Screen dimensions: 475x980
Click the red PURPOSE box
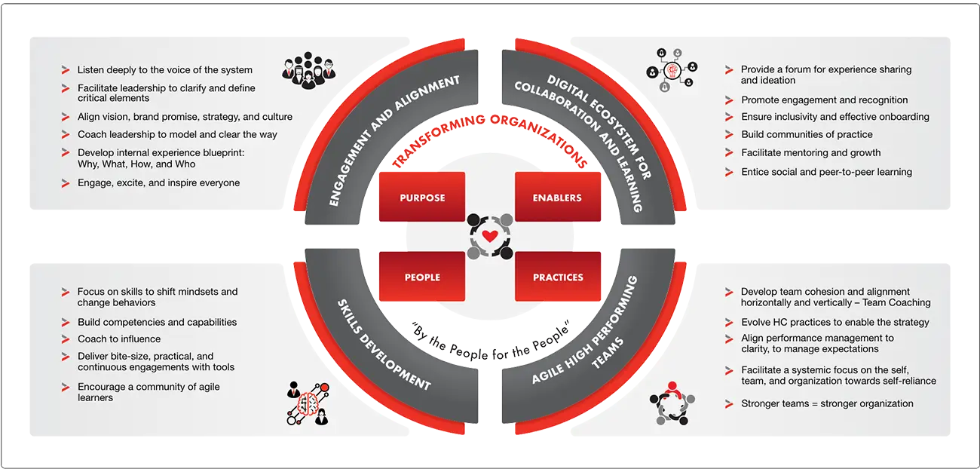422,198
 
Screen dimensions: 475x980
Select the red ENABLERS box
557,198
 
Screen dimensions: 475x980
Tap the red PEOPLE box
422,277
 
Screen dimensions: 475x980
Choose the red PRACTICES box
558,277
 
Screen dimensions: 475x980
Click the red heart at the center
489,236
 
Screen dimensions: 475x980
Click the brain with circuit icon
308,403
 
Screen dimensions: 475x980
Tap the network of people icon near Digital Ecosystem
671,69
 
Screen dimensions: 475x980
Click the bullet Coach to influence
119,339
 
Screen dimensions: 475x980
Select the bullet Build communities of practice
807,134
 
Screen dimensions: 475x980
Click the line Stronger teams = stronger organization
827,403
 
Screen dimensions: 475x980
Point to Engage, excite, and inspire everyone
158,182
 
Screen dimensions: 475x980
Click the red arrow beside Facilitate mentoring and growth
728,153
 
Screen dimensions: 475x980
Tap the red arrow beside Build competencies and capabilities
66,323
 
